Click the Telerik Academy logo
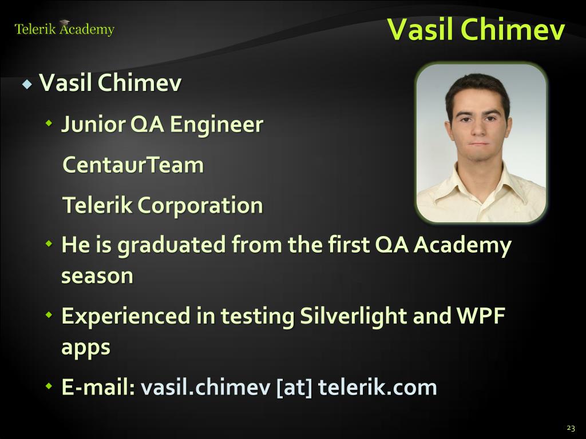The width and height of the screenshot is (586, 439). click(x=64, y=29)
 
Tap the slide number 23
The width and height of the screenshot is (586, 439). click(x=571, y=428)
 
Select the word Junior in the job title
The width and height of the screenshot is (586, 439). click(x=93, y=125)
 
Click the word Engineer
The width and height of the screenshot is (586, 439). click(x=216, y=125)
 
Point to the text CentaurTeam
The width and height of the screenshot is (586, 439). click(x=133, y=165)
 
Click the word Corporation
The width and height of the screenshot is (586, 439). click(x=200, y=206)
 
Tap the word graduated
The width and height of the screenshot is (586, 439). click(x=172, y=246)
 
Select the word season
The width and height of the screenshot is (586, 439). click(x=97, y=276)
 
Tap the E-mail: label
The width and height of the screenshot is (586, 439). click(x=98, y=387)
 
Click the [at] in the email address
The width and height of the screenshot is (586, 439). click(x=294, y=388)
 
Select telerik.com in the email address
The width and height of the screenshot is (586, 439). click(x=378, y=387)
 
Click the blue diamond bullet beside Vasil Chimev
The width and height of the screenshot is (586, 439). click(x=27, y=83)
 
